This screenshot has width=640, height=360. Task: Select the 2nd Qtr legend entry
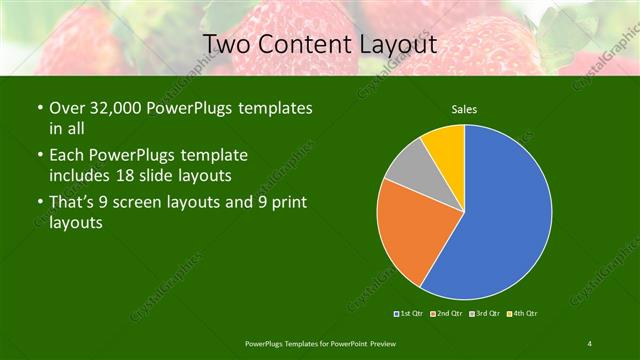point(447,314)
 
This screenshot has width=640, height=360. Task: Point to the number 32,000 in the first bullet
point(120,107)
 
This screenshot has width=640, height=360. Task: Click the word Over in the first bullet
point(68,107)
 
